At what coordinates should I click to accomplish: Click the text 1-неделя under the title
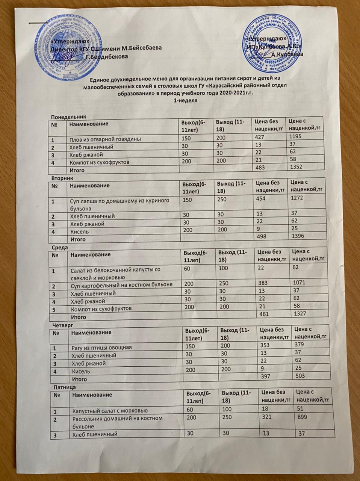point(184,101)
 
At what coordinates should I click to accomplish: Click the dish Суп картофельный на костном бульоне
point(122,284)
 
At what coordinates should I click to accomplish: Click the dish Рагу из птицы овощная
point(102,347)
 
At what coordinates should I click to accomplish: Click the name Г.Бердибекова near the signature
point(107,57)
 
